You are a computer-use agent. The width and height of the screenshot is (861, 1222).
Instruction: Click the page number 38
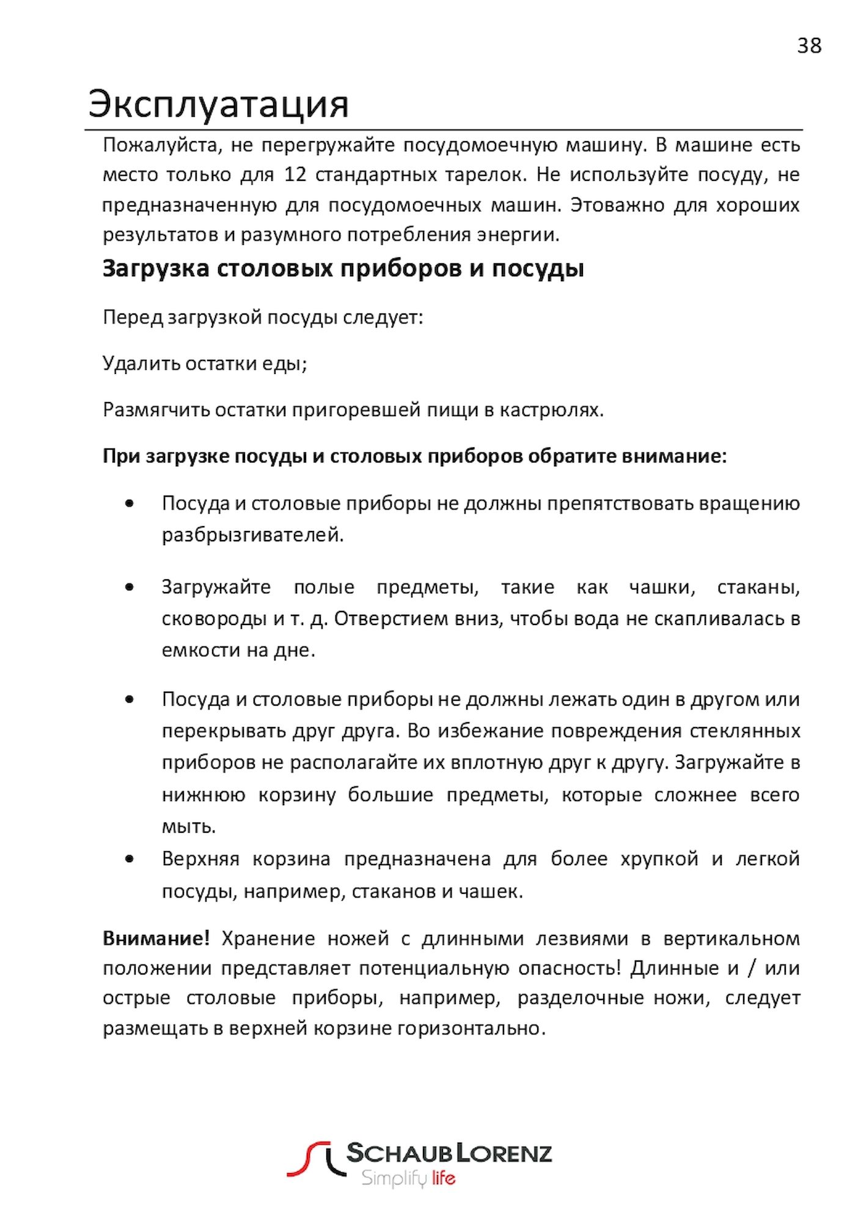[809, 46]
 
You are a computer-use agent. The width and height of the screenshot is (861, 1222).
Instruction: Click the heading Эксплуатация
[218, 104]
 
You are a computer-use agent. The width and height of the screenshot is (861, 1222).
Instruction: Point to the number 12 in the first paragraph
[295, 175]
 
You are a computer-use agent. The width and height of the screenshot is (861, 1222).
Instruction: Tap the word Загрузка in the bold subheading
[156, 268]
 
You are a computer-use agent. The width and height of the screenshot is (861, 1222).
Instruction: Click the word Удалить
[141, 364]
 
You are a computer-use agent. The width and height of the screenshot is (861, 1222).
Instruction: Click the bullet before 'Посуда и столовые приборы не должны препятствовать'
[129, 503]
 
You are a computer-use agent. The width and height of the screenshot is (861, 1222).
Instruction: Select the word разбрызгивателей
[252, 535]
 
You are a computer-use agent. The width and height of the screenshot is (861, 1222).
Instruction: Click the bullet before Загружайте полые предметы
[129, 587]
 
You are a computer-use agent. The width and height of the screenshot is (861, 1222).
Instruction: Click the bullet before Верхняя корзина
[129, 859]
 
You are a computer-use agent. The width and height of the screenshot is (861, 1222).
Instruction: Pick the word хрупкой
[659, 859]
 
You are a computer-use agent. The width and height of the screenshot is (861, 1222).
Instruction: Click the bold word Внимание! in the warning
[156, 938]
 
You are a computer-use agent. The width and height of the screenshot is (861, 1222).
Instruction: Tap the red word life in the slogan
[444, 1177]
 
